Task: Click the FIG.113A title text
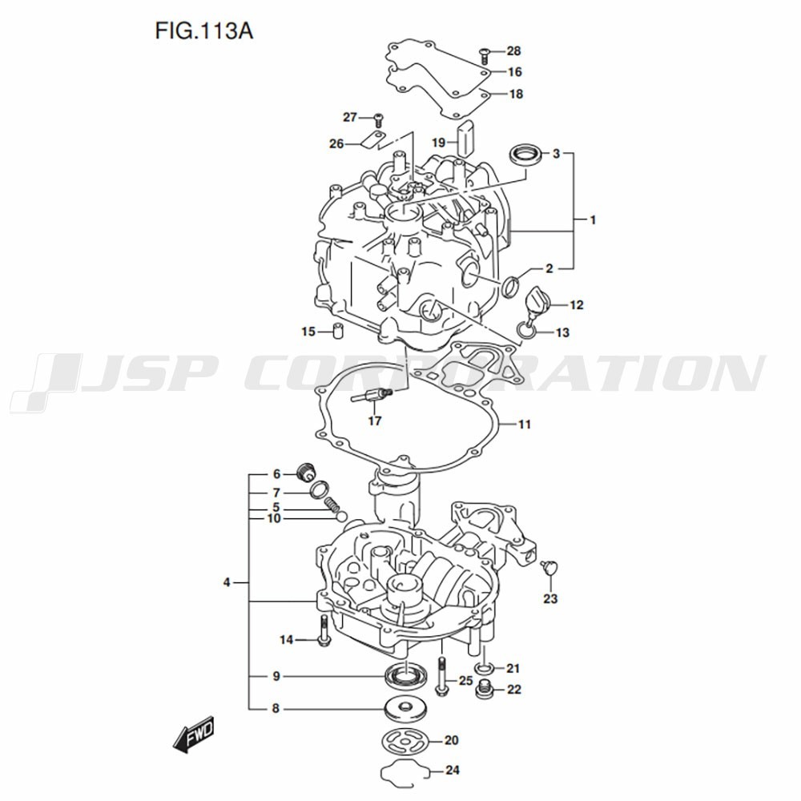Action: (203, 31)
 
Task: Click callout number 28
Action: (513, 50)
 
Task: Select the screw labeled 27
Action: (379, 120)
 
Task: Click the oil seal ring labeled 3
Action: (525, 155)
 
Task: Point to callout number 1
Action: (593, 220)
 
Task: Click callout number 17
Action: (374, 421)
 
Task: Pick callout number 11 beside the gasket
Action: (525, 424)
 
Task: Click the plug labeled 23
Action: (549, 568)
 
